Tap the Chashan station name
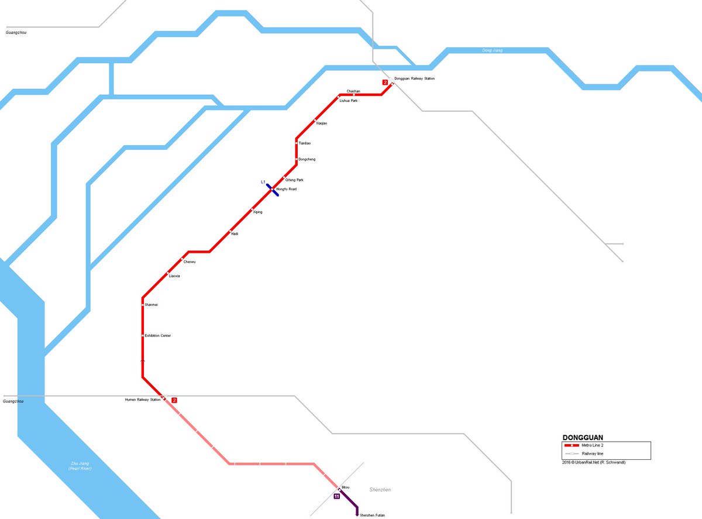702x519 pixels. point(353,91)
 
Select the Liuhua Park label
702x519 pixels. point(348,101)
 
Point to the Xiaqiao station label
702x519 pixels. point(321,123)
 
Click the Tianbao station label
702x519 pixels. point(304,143)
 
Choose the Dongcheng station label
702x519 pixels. point(307,159)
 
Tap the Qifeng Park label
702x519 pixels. point(294,180)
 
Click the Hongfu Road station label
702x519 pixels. point(286,189)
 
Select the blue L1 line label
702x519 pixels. point(263,182)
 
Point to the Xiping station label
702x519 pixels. point(257,212)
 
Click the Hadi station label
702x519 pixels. point(235,234)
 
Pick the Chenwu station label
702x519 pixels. point(190,262)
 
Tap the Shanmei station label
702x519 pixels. point(151,305)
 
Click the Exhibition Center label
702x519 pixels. point(157,335)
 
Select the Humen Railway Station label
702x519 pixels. point(142,400)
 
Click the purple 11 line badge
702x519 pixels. point(336,496)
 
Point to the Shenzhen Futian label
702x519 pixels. point(372,515)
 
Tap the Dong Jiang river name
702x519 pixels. point(492,50)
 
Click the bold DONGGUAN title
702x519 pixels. point(583,437)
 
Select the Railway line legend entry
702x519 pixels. point(592,453)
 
